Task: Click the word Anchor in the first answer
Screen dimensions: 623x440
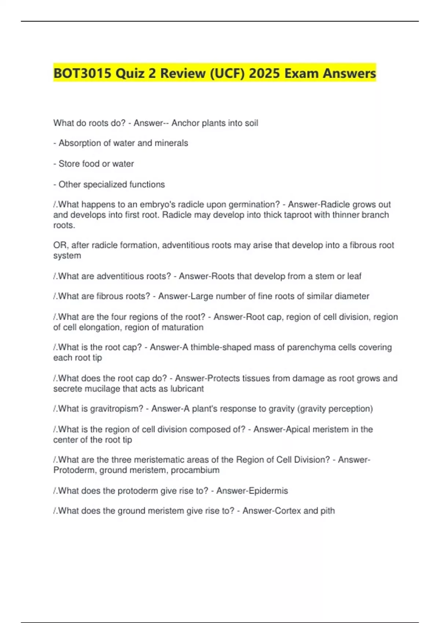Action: point(185,123)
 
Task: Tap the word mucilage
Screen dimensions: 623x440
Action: point(102,389)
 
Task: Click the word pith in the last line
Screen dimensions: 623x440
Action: point(327,511)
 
